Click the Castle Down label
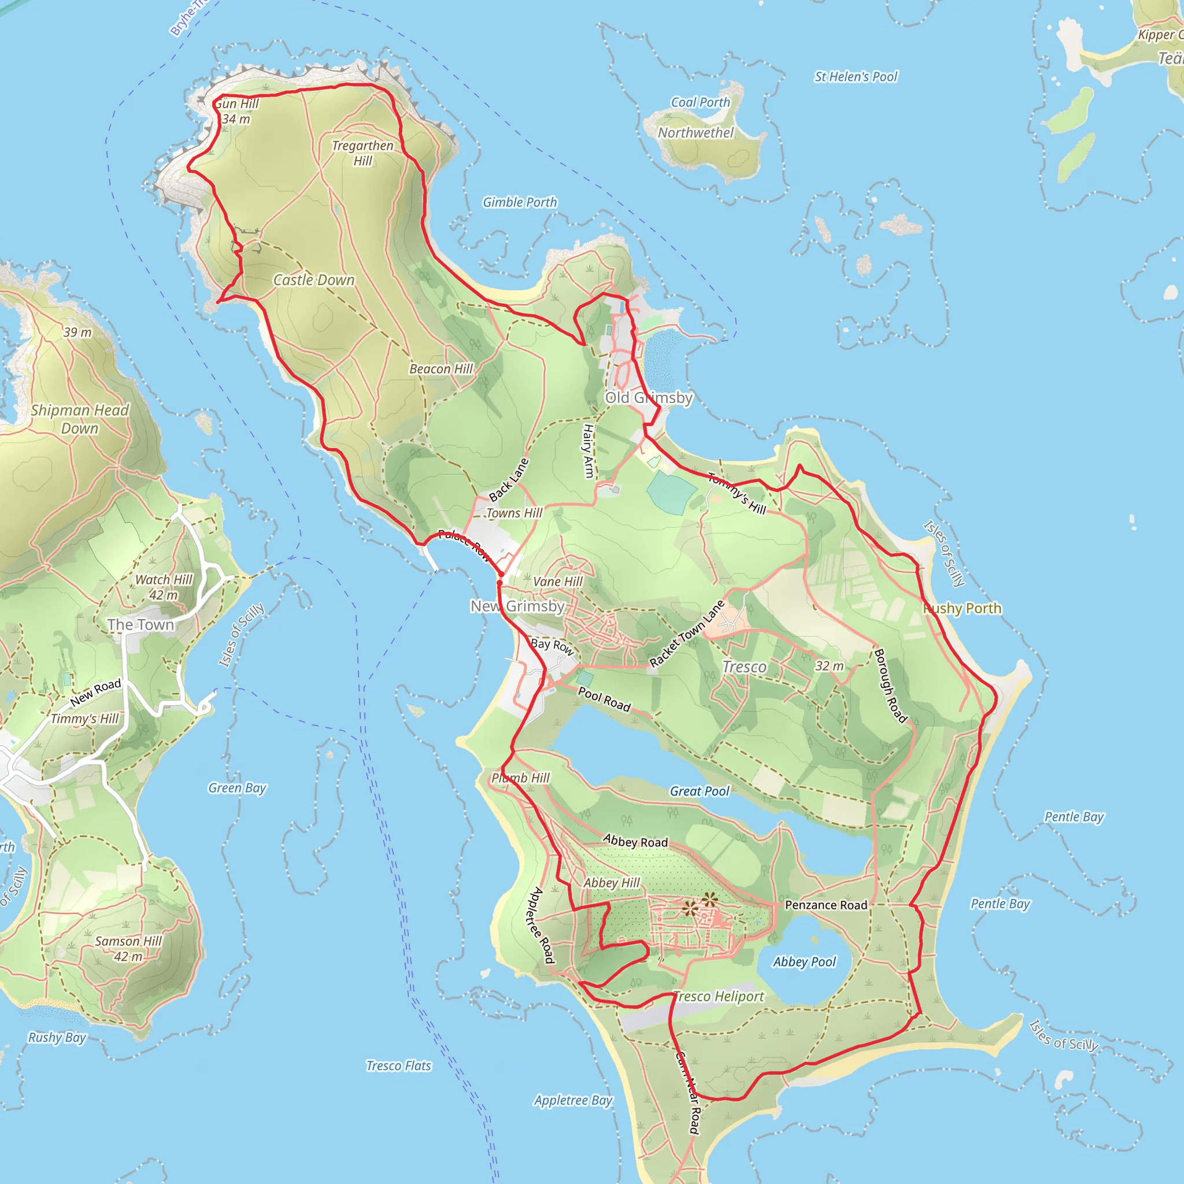tap(314, 280)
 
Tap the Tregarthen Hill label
tap(363, 153)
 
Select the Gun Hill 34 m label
tap(236, 111)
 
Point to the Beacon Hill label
tap(441, 369)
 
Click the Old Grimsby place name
tap(649, 398)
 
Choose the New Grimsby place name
tap(518, 606)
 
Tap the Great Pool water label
tap(700, 791)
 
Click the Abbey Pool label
tap(804, 961)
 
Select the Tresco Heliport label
tap(719, 997)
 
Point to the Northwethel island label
tap(695, 132)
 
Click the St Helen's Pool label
tap(856, 77)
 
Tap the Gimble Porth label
tap(520, 202)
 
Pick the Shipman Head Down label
tap(80, 419)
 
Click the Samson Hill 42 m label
tap(128, 949)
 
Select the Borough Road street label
tap(890, 686)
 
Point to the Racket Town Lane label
tap(687, 634)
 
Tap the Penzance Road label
tap(826, 905)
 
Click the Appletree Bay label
tap(573, 1100)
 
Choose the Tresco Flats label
tap(399, 1065)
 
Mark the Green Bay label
tap(237, 788)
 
